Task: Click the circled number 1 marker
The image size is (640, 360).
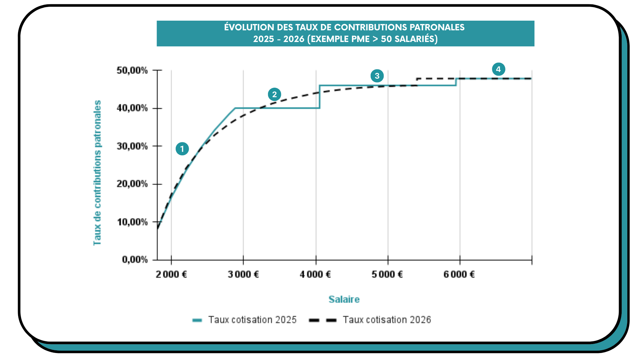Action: click(x=182, y=149)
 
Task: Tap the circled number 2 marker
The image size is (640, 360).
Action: click(x=274, y=94)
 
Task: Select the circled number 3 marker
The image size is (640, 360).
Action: click(x=377, y=76)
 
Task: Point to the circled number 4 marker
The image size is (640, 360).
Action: click(x=498, y=69)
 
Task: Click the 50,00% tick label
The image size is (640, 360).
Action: click(x=132, y=70)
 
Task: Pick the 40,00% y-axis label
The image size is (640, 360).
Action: click(x=132, y=108)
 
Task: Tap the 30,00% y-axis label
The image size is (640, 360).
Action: click(x=132, y=146)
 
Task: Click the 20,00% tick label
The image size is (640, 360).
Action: click(x=132, y=184)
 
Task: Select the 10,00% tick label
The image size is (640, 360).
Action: click(x=132, y=222)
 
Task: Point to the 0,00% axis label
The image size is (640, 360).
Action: click(x=135, y=259)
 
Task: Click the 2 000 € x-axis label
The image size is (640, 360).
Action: click(x=171, y=274)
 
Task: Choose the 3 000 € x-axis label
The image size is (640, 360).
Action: click(x=243, y=274)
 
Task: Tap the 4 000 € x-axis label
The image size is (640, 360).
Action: click(x=315, y=274)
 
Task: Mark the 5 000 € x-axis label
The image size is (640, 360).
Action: click(x=387, y=274)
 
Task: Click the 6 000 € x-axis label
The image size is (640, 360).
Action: click(x=459, y=274)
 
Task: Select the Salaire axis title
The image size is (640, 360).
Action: click(x=344, y=299)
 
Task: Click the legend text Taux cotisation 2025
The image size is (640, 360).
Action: click(x=252, y=320)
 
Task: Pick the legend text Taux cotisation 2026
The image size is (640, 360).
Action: click(x=387, y=320)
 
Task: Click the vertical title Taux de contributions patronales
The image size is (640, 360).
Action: click(x=97, y=173)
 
